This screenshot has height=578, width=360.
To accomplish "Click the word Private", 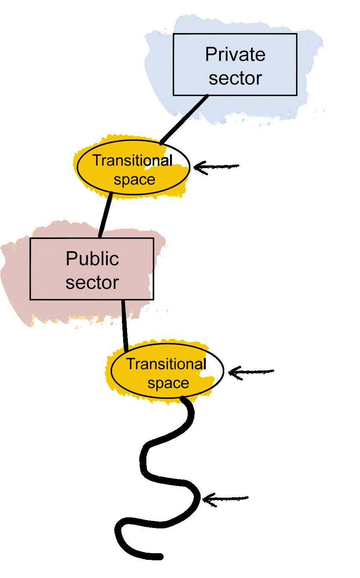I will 235,54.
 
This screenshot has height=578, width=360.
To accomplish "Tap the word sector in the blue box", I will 235,78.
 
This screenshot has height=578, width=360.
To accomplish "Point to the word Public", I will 92,259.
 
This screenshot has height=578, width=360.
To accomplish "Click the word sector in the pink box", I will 92,282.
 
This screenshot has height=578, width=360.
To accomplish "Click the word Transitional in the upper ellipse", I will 132,161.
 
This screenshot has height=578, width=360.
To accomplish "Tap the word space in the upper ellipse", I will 134,180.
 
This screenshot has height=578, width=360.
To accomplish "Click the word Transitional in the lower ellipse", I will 166,364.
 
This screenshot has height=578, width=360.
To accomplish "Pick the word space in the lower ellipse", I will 168,383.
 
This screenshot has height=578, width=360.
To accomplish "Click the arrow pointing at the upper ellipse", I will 216,167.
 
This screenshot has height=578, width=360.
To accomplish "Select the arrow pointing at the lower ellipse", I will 251,372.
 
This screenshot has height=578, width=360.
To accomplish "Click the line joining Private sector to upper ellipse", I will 184,119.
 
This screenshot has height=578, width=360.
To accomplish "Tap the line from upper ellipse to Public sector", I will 105,215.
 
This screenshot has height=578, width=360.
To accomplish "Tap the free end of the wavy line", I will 160,557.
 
